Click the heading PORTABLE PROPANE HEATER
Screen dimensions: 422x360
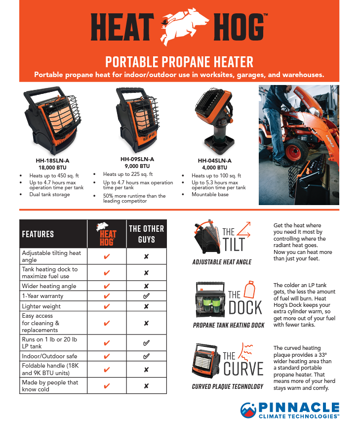click(179, 62)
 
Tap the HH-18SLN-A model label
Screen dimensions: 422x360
click(52, 160)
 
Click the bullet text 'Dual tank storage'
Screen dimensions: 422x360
click(49, 194)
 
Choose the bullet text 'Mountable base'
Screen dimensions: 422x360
click(210, 194)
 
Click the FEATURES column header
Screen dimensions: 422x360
click(38, 234)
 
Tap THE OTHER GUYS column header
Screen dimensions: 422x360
click(146, 234)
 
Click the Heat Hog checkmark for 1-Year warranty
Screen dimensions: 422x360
click(107, 296)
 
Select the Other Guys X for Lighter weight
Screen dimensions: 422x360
click(146, 306)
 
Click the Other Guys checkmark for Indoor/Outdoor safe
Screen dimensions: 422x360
click(146, 356)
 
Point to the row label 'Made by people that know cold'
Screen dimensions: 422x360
click(50, 385)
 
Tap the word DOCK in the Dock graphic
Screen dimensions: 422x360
click(245, 307)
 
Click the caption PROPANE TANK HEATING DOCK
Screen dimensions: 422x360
click(228, 326)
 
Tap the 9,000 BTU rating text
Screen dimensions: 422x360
click(137, 167)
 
